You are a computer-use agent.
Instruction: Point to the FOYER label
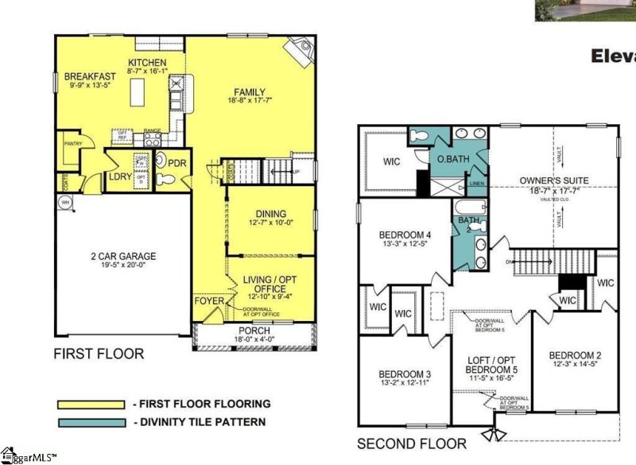[209, 301]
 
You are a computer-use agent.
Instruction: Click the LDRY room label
[119, 176]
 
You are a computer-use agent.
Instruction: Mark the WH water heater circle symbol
[64, 202]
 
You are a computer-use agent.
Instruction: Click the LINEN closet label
[477, 184]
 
